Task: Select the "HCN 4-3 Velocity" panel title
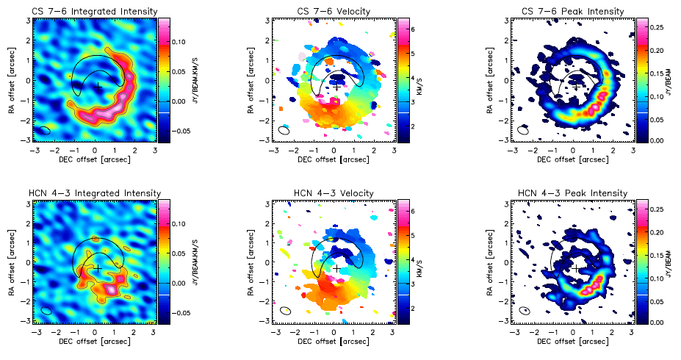334,193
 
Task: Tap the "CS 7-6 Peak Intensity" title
574,11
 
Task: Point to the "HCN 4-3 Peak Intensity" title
574,193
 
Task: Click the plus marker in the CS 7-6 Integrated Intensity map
98,86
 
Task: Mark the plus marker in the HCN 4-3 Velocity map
337,268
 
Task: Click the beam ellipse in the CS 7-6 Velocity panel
284,130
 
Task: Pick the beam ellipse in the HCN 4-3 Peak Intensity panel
525,312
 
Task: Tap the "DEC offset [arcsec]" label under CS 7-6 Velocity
334,158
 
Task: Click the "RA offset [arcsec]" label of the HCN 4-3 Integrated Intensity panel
10,261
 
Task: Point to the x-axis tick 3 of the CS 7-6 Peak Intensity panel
633,149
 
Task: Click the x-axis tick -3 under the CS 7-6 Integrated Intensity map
34,149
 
